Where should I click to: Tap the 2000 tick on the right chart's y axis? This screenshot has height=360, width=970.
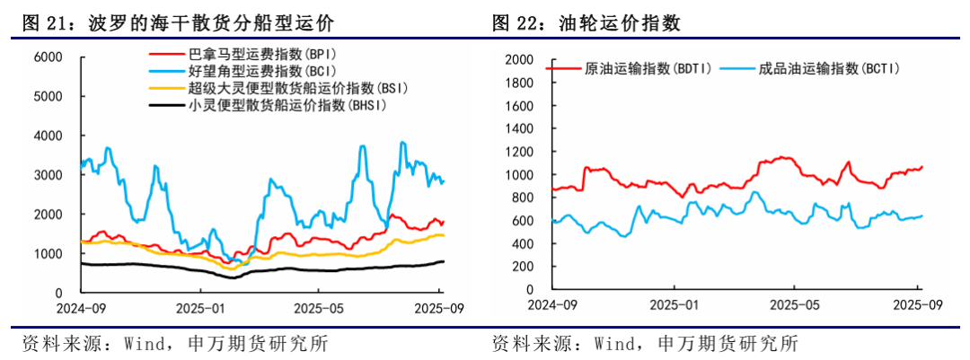pyautogui.click(x=519, y=60)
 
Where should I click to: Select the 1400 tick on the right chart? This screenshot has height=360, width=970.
pyautogui.click(x=519, y=129)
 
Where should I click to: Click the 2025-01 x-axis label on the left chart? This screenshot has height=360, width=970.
pyautogui.click(x=200, y=309)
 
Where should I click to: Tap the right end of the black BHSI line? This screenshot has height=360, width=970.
pyautogui.click(x=443, y=261)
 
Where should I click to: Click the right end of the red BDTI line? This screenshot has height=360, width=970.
pyautogui.click(x=921, y=167)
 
